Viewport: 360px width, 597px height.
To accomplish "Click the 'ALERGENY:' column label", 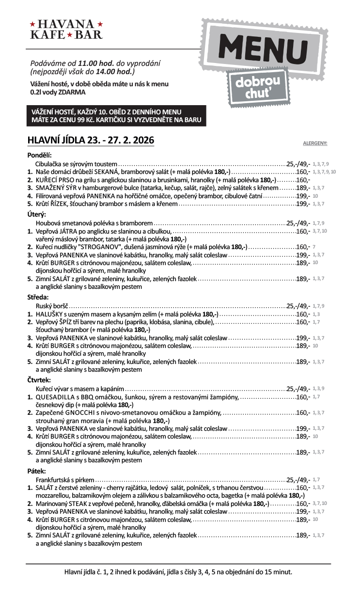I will (315, 143).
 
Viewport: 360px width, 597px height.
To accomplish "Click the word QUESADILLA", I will (56, 397).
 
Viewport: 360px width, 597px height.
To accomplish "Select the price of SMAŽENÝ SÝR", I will (303, 188).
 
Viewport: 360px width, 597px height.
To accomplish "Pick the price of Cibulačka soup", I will (298, 163).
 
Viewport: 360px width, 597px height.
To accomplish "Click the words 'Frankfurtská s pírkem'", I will (65, 479).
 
